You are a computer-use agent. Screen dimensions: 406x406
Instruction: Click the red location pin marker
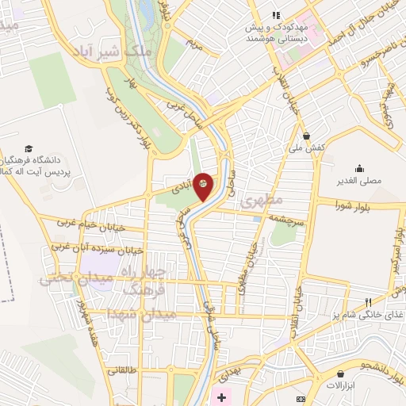[x=204, y=185]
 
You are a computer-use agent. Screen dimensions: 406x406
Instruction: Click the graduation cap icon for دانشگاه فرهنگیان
[x=29, y=148]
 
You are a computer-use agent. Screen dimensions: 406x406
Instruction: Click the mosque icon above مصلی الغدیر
[x=361, y=167]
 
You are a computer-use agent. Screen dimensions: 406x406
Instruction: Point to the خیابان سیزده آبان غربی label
[x=98, y=248]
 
